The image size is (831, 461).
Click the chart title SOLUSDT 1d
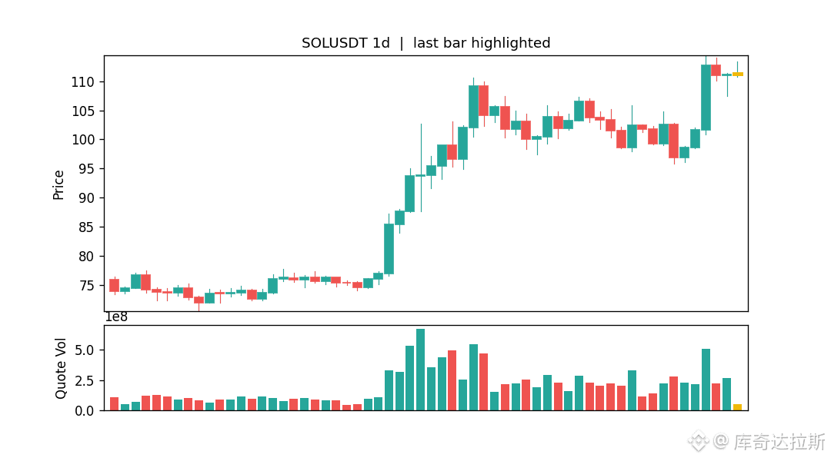pyautogui.click(x=345, y=43)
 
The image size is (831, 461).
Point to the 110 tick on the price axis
pyautogui.click(x=82, y=82)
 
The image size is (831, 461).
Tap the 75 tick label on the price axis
pyautogui.click(x=86, y=286)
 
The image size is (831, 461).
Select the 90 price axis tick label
pyautogui.click(x=86, y=198)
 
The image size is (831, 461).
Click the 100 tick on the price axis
pyautogui.click(x=82, y=141)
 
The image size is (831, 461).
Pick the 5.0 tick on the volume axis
pyautogui.click(x=85, y=350)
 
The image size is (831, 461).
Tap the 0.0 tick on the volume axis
pyautogui.click(x=85, y=411)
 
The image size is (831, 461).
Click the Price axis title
pyautogui.click(x=58, y=184)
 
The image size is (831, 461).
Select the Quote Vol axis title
pyautogui.click(x=61, y=368)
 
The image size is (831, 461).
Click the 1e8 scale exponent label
pyautogui.click(x=117, y=317)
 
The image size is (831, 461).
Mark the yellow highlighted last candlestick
pyautogui.click(x=737, y=74)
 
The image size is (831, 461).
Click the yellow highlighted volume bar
pyautogui.click(x=737, y=407)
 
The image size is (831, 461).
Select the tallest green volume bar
pyautogui.click(x=420, y=370)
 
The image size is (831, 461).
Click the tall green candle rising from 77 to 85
pyautogui.click(x=389, y=249)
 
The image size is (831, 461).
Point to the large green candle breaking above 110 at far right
pyautogui.click(x=706, y=98)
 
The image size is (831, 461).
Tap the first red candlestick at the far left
pyautogui.click(x=114, y=285)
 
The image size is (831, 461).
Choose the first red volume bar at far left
pyautogui.click(x=114, y=404)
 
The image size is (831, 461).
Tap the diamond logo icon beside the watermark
pyautogui.click(x=699, y=441)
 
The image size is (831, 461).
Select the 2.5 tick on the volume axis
pyautogui.click(x=85, y=381)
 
